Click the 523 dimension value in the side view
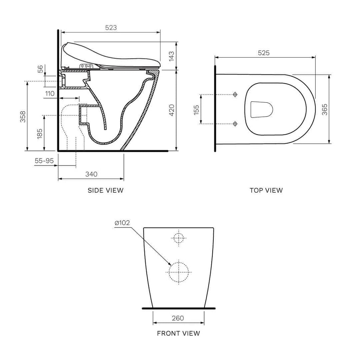pyautogui.click(x=111, y=27)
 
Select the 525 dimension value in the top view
pyautogui.click(x=264, y=53)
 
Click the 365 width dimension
pyautogui.click(x=324, y=109)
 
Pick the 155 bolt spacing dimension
pyautogui.click(x=196, y=109)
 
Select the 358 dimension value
pyautogui.click(x=22, y=116)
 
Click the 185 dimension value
pyautogui.click(x=40, y=133)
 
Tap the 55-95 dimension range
pyautogui.click(x=44, y=161)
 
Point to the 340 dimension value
pyautogui.click(x=91, y=174)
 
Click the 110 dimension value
pyautogui.click(x=50, y=94)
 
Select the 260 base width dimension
pyautogui.click(x=178, y=318)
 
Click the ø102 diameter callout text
pyautogui.click(x=122, y=223)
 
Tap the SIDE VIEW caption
pyautogui.click(x=105, y=191)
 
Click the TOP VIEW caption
pyautogui.click(x=266, y=191)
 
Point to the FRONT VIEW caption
pyautogui.click(x=178, y=333)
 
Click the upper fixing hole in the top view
pyautogui.click(x=235, y=95)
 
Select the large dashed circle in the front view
pyautogui.click(x=179, y=271)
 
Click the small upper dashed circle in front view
pyautogui.click(x=179, y=238)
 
